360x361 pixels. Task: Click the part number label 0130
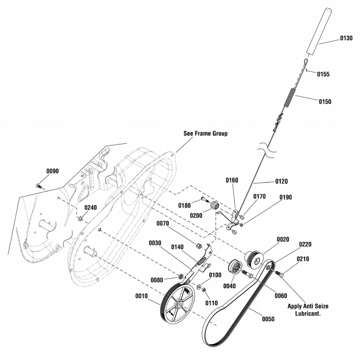pos(346,38)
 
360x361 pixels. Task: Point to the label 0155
pos(323,74)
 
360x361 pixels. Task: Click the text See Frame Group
pos(205,133)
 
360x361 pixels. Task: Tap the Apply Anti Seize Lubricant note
pos(308,309)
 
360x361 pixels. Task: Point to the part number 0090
pos(53,171)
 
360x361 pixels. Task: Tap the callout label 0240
pos(90,208)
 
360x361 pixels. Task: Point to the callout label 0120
pos(281,181)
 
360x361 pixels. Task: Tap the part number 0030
pos(155,243)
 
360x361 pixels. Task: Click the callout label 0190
pos(286,197)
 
